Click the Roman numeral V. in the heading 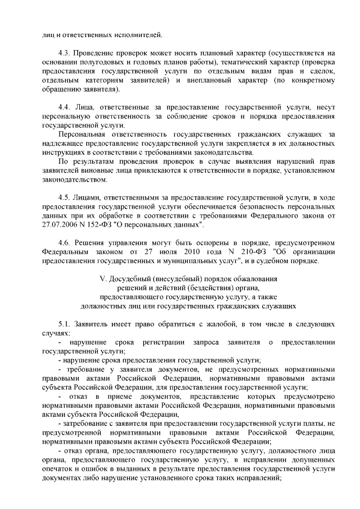(102, 278)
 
